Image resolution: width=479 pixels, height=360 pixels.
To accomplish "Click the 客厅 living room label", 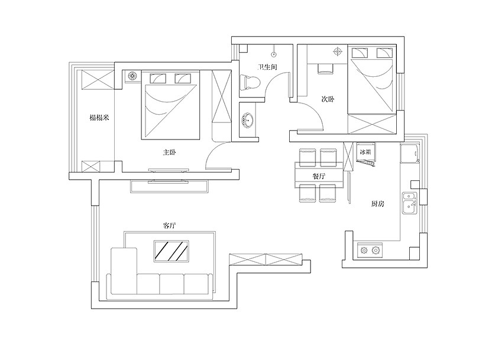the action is pyautogui.click(x=169, y=226).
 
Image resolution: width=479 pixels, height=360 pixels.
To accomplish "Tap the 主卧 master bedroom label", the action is pyautogui.click(x=169, y=152).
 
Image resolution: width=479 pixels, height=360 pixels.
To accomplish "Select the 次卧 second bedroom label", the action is pyautogui.click(x=328, y=99).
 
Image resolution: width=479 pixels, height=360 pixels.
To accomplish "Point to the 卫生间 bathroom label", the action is pyautogui.click(x=268, y=67).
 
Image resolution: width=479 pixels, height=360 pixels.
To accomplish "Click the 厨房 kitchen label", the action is pyautogui.click(x=377, y=204).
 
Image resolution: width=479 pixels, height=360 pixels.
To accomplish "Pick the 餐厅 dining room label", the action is pyautogui.click(x=319, y=176).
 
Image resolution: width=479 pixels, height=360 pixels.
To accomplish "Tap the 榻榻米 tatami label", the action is pyautogui.click(x=99, y=117).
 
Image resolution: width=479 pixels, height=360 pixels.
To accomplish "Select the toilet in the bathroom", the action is pyautogui.click(x=250, y=82).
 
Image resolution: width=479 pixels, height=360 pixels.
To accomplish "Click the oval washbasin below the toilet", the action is pyautogui.click(x=248, y=121).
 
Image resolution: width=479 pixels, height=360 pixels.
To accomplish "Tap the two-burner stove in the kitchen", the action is pyautogui.click(x=370, y=251).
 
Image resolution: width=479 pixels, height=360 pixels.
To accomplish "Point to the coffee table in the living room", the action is pyautogui.click(x=171, y=251).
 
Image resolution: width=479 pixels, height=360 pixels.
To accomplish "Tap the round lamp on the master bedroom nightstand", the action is pyautogui.click(x=132, y=75).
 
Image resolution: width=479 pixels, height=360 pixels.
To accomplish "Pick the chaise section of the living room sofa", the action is pyautogui.click(x=124, y=271).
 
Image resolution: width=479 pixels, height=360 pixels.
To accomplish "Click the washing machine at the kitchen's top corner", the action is pyautogui.click(x=410, y=154).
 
